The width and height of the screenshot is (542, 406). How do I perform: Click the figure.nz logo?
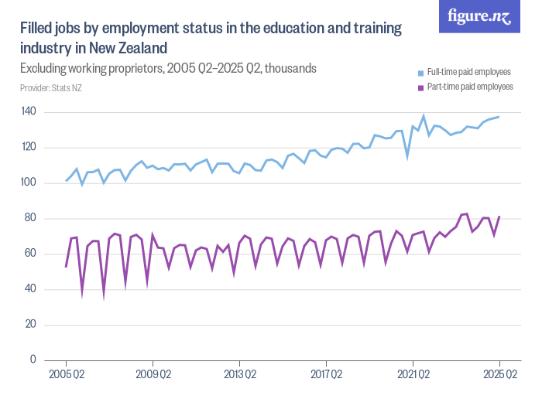479,16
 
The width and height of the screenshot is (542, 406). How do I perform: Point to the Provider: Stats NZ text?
51,87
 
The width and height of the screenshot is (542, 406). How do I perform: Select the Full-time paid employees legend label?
468,72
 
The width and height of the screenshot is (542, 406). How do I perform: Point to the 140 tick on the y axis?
29,112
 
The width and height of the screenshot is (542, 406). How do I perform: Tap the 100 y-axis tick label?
29,183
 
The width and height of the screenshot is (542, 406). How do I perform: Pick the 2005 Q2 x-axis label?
66,375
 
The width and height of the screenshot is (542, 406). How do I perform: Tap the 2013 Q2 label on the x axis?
239,375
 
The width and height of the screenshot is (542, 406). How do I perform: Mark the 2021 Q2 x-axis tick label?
413,375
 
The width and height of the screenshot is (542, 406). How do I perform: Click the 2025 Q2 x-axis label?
499,375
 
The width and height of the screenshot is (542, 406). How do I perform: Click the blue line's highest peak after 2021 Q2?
424,117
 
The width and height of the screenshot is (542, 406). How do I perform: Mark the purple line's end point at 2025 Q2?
499,217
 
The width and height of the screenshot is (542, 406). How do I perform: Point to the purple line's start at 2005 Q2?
66,267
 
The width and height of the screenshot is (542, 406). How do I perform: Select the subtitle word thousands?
292,68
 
